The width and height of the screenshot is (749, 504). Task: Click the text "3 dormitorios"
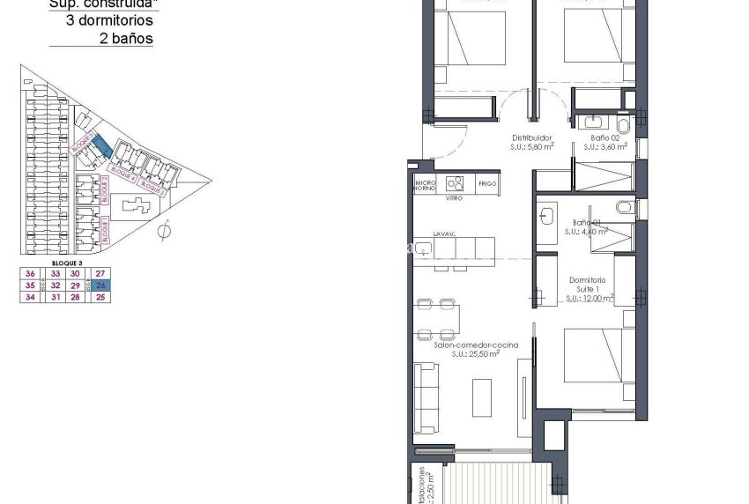(109, 20)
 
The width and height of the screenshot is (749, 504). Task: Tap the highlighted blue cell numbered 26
(100, 285)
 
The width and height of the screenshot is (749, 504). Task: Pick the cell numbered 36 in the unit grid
(32, 274)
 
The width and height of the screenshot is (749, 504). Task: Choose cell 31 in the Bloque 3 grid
(55, 298)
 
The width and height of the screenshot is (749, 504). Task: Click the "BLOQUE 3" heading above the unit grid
(66, 263)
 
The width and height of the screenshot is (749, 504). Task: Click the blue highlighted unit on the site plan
(101, 145)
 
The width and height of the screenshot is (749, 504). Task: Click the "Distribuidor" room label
(531, 137)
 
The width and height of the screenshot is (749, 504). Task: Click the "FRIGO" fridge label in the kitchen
(486, 183)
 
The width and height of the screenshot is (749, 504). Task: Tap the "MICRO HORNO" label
(426, 184)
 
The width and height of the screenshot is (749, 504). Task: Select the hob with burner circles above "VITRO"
(455, 183)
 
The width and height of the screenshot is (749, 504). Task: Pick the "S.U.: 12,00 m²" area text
(590, 298)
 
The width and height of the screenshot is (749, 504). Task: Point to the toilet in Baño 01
(622, 207)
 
